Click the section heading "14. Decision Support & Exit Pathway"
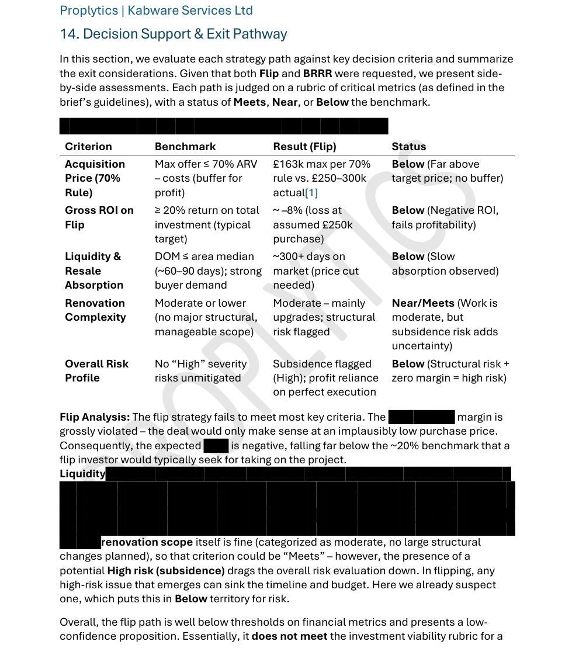pyautogui.click(x=173, y=34)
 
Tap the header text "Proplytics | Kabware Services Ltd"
pyautogui.click(x=156, y=11)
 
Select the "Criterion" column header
pyautogui.click(x=88, y=147)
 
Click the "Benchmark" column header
pyautogui.click(x=185, y=147)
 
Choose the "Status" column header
pyautogui.click(x=408, y=147)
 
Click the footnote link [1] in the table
pyautogui.click(x=311, y=193)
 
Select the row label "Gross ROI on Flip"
pyautogui.click(x=99, y=217)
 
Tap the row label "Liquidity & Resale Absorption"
pyautogui.click(x=94, y=270)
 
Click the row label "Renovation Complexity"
pyautogui.click(x=95, y=310)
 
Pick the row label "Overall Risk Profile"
pyautogui.click(x=96, y=370)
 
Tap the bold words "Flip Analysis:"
pyautogui.click(x=95, y=417)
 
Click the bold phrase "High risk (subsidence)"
pyautogui.click(x=166, y=571)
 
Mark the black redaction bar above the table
pyautogui.click(x=223, y=126)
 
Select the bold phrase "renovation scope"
pyautogui.click(x=138, y=542)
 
